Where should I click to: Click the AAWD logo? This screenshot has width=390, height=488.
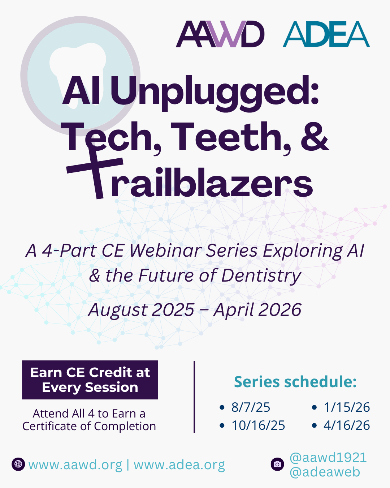point(220,34)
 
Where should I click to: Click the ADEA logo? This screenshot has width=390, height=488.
point(326,34)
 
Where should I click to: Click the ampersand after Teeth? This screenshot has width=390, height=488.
point(315,136)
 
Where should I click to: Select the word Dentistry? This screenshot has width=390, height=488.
point(261,276)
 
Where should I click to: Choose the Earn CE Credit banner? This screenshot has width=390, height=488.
point(90,380)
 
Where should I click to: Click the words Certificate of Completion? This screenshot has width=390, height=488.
point(89,426)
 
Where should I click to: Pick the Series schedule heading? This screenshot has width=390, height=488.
point(295,382)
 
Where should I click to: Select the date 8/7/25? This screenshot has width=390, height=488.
point(251,407)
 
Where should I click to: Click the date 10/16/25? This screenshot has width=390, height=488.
point(258,425)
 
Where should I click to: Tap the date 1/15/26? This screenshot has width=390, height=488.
point(347,407)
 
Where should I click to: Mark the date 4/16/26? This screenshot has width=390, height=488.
point(347,425)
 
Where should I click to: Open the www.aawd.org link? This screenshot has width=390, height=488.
point(75,465)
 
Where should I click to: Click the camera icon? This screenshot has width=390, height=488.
point(277,464)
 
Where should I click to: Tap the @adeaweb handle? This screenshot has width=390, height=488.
point(325,472)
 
